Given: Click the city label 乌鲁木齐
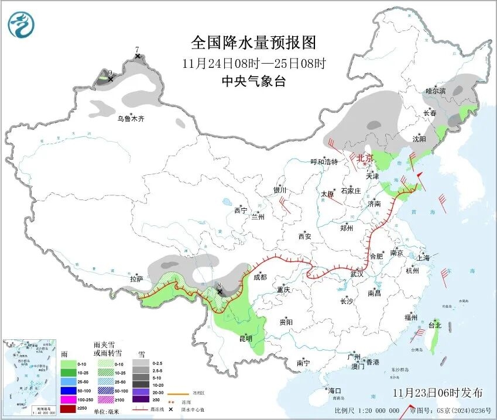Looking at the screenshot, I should [130, 119].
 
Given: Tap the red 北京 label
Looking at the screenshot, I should [365, 158].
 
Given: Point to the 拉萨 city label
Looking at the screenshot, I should [136, 280].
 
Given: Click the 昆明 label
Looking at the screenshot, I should [245, 338].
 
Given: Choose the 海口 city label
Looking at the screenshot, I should [334, 390].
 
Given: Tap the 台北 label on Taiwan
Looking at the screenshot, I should [434, 325].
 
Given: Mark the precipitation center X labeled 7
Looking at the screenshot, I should [138, 56].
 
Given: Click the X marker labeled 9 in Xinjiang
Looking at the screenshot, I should [109, 79].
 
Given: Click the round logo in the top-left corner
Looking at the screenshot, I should [21, 25].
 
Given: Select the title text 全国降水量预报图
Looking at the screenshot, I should [253, 43].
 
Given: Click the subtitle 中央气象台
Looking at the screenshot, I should [253, 81].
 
